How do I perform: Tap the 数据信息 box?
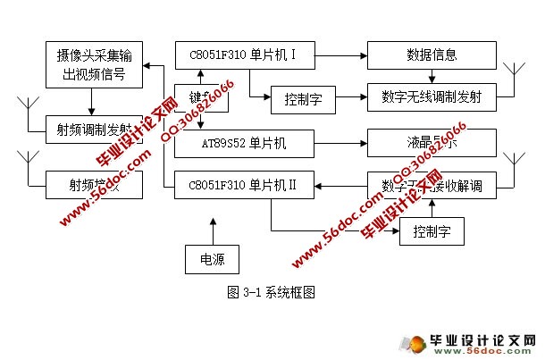click(432, 54)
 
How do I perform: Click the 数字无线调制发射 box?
click(432, 96)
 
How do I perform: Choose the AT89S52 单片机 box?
click(245, 143)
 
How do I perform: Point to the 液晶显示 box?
click(432, 143)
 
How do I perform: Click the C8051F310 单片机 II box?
click(245, 186)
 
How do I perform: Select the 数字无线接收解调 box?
click(432, 186)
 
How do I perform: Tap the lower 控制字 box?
click(432, 232)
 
